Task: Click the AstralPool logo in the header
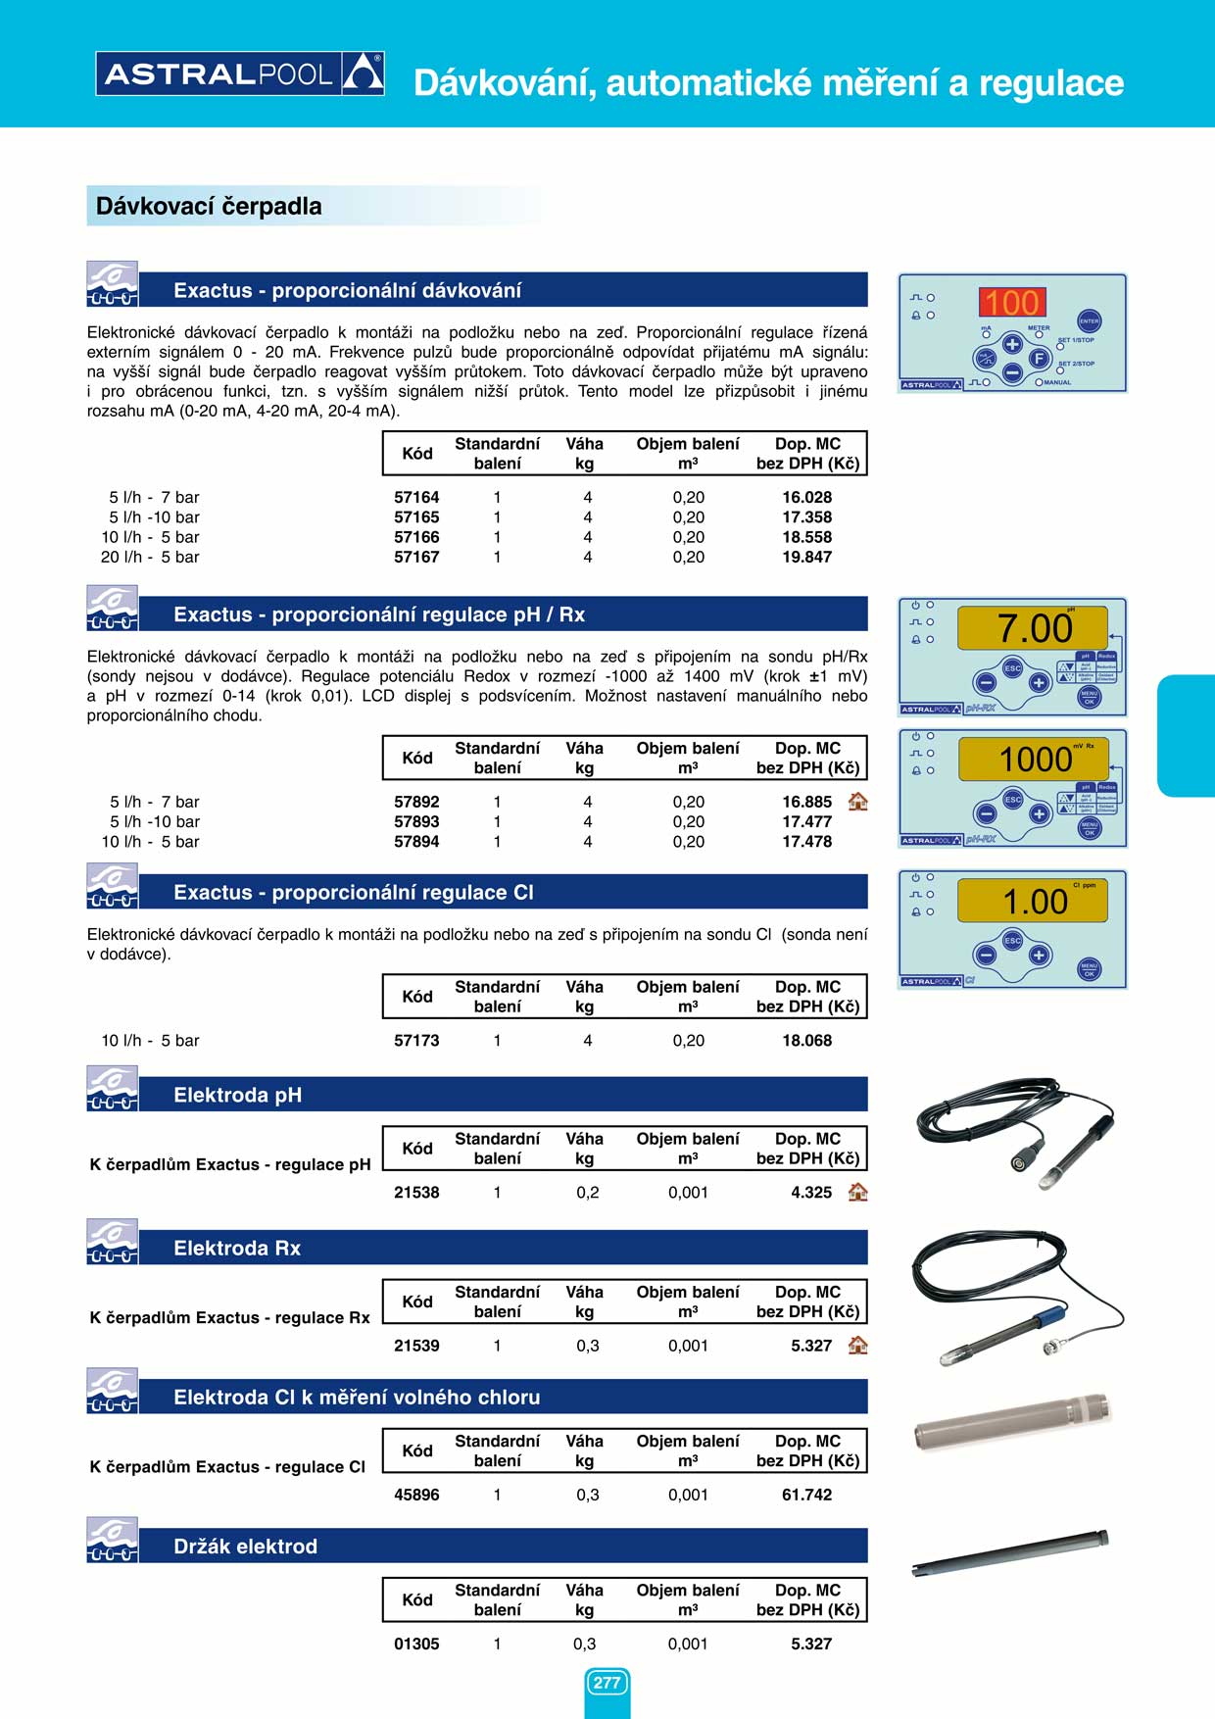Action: coord(239,74)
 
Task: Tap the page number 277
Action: coord(607,1683)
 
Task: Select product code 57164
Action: coord(416,497)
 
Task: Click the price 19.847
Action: coord(806,557)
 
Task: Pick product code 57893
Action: coord(416,821)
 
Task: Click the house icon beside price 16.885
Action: coord(857,801)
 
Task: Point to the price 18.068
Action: coord(806,1040)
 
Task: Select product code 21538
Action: coord(416,1192)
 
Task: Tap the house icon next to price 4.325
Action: coord(857,1192)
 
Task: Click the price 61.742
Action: coord(806,1495)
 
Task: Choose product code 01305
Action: coord(416,1644)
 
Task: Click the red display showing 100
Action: coord(1012,302)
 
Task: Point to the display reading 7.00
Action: coord(1034,628)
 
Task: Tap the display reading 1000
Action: coord(1035,759)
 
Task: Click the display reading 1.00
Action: coord(1034,901)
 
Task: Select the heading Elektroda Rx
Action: coord(237,1248)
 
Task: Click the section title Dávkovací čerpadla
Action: coord(209,206)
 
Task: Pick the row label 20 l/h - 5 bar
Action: coord(150,557)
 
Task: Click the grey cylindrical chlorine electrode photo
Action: coord(1011,1422)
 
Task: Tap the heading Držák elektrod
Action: coord(245,1546)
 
